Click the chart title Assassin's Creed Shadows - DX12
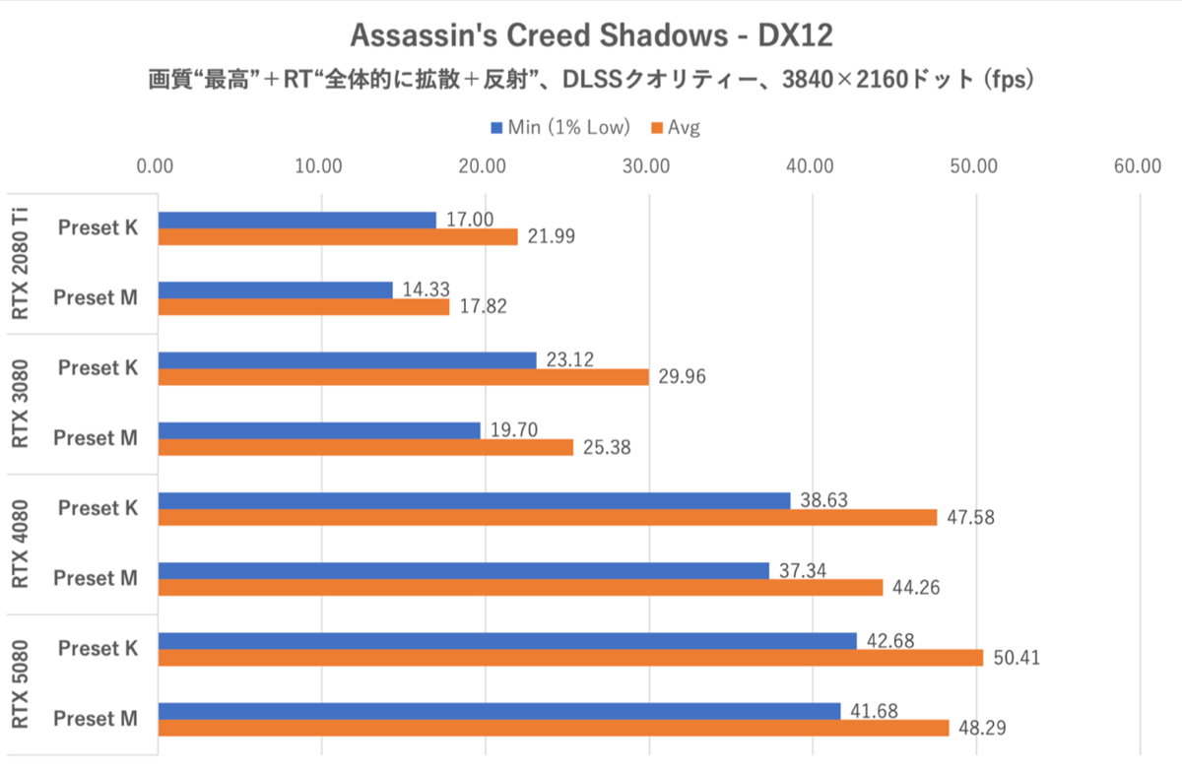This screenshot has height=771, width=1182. pos(591,36)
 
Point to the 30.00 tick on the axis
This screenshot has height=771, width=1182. pos(647,165)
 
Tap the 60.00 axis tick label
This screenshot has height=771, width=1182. pos(1139,165)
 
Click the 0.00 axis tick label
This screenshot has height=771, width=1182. pos(157,165)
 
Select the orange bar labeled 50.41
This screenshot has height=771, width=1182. pos(570,658)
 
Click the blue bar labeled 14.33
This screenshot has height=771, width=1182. pos(275,289)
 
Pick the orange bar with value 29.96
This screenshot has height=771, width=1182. pos(403,377)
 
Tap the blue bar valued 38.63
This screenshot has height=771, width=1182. pos(474,500)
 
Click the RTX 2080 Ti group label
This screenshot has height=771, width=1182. pos(21,262)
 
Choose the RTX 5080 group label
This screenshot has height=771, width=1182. pos(21,684)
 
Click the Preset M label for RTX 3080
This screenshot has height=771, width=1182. pos(96,438)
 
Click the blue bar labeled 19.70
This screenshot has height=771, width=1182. pos(319,430)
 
